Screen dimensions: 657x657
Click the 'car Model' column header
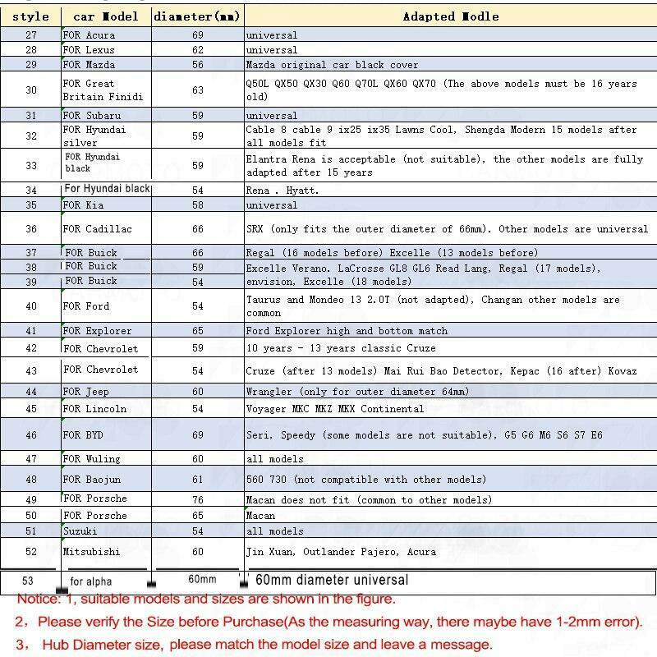pyautogui.click(x=106, y=16)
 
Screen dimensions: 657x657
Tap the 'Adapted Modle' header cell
pyautogui.click(x=451, y=16)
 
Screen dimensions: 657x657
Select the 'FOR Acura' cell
pyautogui.click(x=90, y=35)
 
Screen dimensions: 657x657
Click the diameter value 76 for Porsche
pyautogui.click(x=198, y=499)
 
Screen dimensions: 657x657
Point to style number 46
pyautogui.click(x=31, y=435)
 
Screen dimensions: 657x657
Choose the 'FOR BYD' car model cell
pyautogui.click(x=83, y=435)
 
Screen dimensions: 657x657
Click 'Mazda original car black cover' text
pyautogui.click(x=332, y=65)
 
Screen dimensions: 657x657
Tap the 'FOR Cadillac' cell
pyautogui.click(x=97, y=229)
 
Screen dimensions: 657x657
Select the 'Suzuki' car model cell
pyautogui.click(x=80, y=531)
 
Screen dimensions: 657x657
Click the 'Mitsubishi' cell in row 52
pyautogui.click(x=91, y=552)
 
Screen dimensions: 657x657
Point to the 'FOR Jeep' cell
pyautogui.click(x=86, y=393)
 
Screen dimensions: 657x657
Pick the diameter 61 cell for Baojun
pyautogui.click(x=198, y=480)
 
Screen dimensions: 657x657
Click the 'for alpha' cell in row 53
pyautogui.click(x=91, y=582)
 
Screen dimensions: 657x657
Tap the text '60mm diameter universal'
pyautogui.click(x=332, y=581)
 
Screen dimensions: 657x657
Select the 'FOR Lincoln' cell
pyautogui.click(x=95, y=409)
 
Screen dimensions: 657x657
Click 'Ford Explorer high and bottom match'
pyautogui.click(x=347, y=331)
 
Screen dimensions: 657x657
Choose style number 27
pyautogui.click(x=31, y=35)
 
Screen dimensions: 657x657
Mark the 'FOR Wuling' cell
pyautogui.click(x=92, y=459)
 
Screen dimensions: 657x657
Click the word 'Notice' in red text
pyautogui.click(x=37, y=600)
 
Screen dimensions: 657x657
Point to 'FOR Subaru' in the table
pyautogui.click(x=92, y=116)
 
